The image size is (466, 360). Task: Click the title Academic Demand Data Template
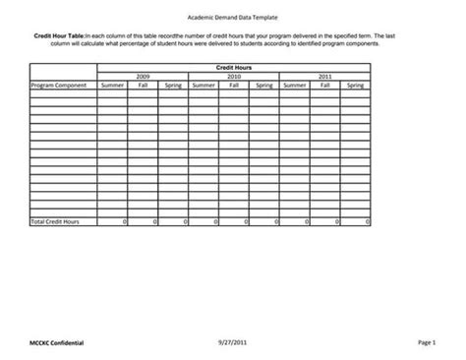pos(232,18)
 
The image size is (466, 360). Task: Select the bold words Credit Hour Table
pos(58,34)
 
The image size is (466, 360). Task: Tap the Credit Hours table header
pos(234,67)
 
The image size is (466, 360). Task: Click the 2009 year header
pos(143,76)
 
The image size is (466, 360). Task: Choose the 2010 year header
pos(234,76)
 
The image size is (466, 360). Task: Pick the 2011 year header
pos(324,76)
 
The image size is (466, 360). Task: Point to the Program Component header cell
pos(59,85)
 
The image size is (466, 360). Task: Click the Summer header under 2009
pos(112,85)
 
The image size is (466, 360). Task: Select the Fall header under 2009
pos(143,85)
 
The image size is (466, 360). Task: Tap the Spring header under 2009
pos(173,85)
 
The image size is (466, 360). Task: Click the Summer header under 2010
pos(204,85)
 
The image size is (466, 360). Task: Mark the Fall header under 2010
pos(234,85)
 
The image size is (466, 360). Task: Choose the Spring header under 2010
pos(264,85)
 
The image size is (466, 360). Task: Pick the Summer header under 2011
pos(294,85)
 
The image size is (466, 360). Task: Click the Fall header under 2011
pos(324,85)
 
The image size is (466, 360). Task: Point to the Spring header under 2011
pos(355,85)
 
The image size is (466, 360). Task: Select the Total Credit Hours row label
pos(55,223)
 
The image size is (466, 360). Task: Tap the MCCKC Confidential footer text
pos(57,341)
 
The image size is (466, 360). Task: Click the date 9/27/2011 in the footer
pos(234,340)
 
